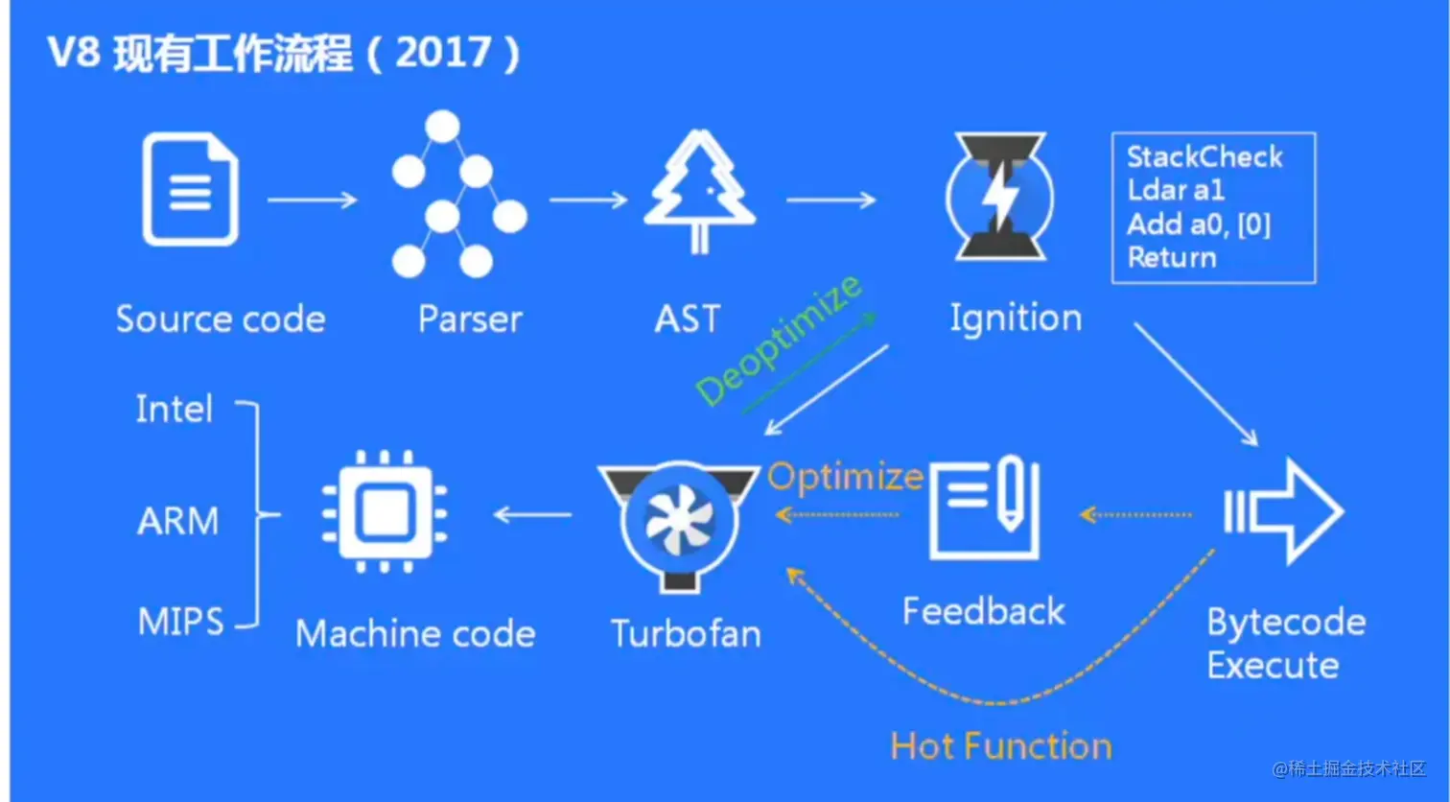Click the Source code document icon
pos(190,190)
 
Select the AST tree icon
pos(699,192)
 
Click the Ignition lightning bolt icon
pos(1000,197)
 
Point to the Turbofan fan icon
pos(679,523)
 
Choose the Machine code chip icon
pos(385,512)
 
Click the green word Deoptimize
pos(778,342)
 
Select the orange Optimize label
pos(845,477)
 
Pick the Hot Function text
pos(1000,746)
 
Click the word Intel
pos(174,410)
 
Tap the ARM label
pos(178,521)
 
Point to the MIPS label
pos(180,623)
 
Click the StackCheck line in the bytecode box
pos(1204,157)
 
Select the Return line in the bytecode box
pos(1172,257)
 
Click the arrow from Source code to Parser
pos(312,200)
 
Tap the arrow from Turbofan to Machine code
pos(532,515)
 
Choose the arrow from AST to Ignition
pos(830,200)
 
